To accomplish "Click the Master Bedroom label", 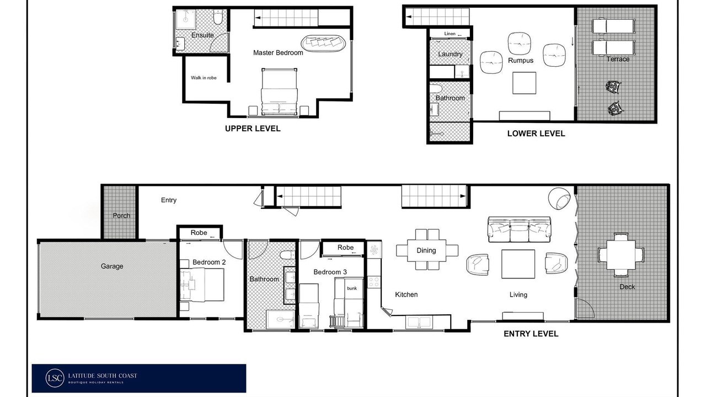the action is [x=278, y=52].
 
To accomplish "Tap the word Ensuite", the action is [x=202, y=35].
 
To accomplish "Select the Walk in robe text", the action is [x=204, y=78].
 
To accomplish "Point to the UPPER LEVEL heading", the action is [x=253, y=128].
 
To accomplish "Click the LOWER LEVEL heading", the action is [x=536, y=133].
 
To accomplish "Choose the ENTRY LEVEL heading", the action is [x=531, y=334].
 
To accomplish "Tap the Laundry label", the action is [x=450, y=54].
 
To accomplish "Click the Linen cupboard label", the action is [x=450, y=34].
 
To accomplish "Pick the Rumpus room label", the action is [x=521, y=60].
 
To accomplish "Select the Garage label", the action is [x=112, y=266].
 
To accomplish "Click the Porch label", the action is [x=121, y=216].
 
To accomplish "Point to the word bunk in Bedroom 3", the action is [x=352, y=288].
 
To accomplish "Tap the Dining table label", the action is [x=426, y=250].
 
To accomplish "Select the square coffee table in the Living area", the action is [x=518, y=264].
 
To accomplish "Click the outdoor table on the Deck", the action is [x=621, y=255].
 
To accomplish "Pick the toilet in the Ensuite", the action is [x=218, y=17].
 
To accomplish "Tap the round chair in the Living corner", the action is [x=559, y=198].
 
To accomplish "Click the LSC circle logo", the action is [x=55, y=378].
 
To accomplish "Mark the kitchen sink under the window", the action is [x=419, y=323].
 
